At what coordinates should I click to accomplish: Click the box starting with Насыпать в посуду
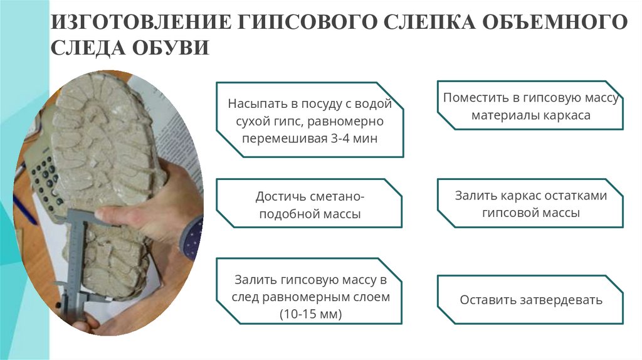(x=310, y=120)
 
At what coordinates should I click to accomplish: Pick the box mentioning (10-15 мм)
(x=310, y=290)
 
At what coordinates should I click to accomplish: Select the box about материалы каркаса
(x=530, y=106)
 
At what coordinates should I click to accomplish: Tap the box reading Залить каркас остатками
(x=530, y=204)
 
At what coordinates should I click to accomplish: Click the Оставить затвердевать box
(x=530, y=300)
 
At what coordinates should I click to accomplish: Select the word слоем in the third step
(x=372, y=297)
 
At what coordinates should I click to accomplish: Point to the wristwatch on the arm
(x=191, y=238)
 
